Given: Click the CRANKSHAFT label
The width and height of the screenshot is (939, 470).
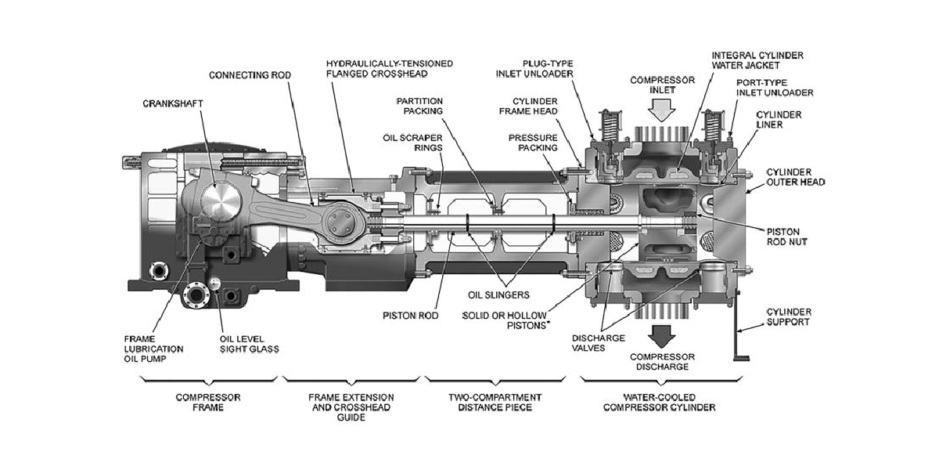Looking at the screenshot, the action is pyautogui.click(x=173, y=103).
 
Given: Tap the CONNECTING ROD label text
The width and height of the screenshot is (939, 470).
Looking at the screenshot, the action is pyautogui.click(x=250, y=75).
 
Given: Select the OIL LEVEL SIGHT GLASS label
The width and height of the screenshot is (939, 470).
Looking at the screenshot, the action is pyautogui.click(x=250, y=344).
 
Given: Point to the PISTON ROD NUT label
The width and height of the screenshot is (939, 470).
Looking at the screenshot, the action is pyautogui.click(x=787, y=237).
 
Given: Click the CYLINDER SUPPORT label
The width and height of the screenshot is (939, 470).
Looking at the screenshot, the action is pyautogui.click(x=789, y=316).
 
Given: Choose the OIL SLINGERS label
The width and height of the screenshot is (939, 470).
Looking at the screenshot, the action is pyautogui.click(x=498, y=295).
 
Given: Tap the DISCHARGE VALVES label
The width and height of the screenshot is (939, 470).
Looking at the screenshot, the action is pyautogui.click(x=598, y=343).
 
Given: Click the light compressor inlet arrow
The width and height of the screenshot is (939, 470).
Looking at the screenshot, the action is pyautogui.click(x=661, y=110).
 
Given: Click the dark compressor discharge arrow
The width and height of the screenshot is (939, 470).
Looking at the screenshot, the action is pyautogui.click(x=661, y=337).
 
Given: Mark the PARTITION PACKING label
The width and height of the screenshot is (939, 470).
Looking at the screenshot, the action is pyautogui.click(x=419, y=107).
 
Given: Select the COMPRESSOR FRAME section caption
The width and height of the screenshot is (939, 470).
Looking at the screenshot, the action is pyautogui.click(x=208, y=402).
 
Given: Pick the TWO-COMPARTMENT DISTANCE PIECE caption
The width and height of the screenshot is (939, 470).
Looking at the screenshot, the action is pyautogui.click(x=495, y=402).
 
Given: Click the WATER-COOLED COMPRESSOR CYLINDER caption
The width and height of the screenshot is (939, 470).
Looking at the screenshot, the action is pyautogui.click(x=660, y=402).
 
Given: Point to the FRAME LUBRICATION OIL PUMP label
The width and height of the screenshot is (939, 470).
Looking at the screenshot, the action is pyautogui.click(x=153, y=349).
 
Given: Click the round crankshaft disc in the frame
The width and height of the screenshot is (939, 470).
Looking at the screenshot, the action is pyautogui.click(x=221, y=204).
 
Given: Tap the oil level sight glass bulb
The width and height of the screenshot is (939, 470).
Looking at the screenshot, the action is pyautogui.click(x=214, y=284).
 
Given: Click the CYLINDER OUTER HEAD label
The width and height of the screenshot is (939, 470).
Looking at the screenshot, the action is pyautogui.click(x=796, y=177).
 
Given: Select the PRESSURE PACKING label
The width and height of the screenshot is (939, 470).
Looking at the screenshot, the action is pyautogui.click(x=533, y=143).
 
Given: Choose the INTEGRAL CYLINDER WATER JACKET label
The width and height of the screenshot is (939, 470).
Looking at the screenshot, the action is pyautogui.click(x=757, y=60).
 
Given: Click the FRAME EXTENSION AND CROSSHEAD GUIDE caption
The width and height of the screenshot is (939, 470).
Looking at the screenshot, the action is pyautogui.click(x=351, y=407).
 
